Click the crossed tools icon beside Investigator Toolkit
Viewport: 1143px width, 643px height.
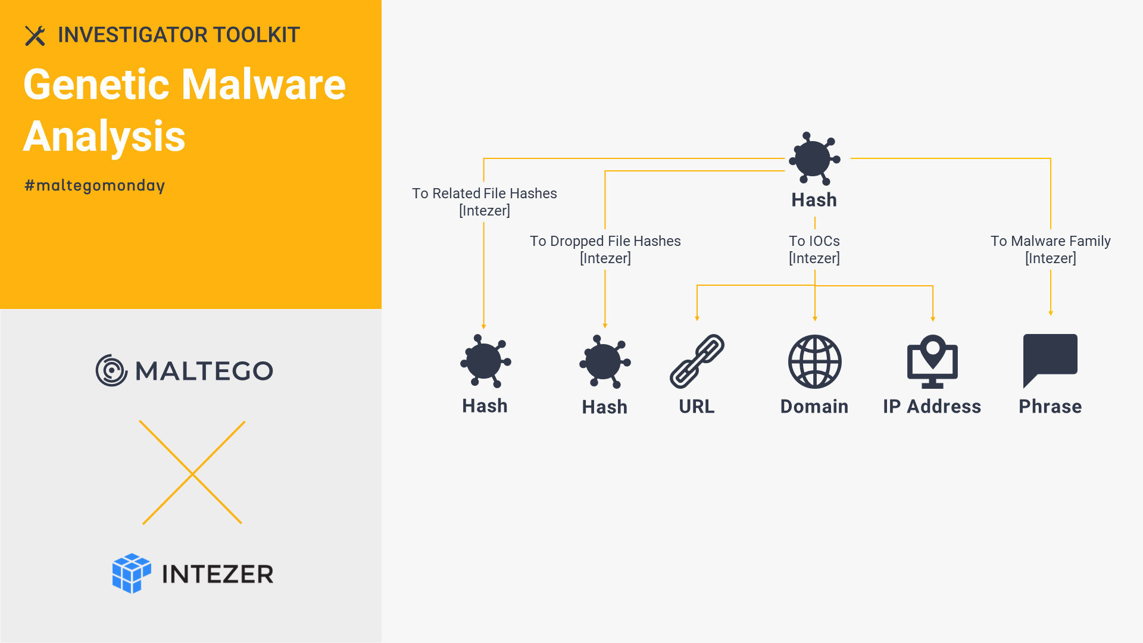coord(35,36)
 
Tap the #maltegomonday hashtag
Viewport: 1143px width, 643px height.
coord(95,186)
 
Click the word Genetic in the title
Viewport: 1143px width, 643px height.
coord(96,85)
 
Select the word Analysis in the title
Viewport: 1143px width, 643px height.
coord(104,136)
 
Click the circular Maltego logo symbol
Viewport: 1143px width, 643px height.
coord(111,370)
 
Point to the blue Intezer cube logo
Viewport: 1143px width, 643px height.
coord(132,573)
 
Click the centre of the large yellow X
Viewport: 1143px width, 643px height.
coord(192,473)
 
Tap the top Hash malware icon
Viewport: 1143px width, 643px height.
coord(814,158)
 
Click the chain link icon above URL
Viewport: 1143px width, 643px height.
coord(697,361)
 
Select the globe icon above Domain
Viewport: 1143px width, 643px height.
coord(815,361)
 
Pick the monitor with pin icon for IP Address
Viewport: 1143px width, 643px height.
coord(932,361)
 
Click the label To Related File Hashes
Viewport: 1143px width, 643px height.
coord(485,193)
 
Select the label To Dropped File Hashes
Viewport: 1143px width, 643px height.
coord(605,241)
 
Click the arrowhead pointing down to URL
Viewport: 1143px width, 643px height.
coord(697,319)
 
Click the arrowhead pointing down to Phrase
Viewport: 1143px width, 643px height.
coord(1051,313)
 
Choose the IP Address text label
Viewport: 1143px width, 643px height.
coord(932,407)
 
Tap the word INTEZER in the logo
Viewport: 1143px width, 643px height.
coord(218,575)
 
